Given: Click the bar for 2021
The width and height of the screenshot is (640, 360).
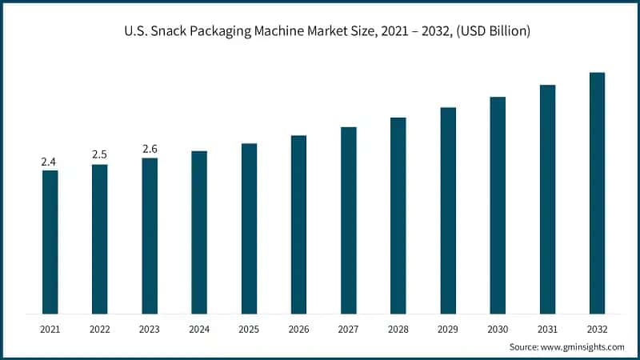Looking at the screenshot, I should coord(50,242).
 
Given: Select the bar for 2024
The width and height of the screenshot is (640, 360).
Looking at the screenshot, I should coord(199,232).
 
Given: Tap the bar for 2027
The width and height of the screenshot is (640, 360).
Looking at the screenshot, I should coord(348,220).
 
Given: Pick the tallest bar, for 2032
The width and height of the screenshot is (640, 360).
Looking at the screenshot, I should coord(597,193).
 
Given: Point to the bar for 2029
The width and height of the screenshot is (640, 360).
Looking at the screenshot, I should coord(448,210).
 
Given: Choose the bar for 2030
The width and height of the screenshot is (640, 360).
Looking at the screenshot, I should coord(498,205).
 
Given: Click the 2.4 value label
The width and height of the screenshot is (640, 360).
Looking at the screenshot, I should coord(49,162).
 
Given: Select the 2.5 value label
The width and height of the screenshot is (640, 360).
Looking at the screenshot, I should coord(99,154).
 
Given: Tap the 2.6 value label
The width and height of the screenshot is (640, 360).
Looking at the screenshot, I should coord(150,149).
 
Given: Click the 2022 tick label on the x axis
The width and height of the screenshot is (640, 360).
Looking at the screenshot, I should coord(99,329).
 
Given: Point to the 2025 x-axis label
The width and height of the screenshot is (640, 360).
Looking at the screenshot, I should coord(249,329).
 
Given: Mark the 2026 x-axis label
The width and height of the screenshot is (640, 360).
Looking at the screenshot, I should coord(298,329).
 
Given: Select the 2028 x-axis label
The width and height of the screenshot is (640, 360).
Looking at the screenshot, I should coord(398,329).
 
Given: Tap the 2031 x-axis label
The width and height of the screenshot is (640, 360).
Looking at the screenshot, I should coord(547,329).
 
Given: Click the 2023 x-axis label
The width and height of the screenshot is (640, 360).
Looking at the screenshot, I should coord(150,329).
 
